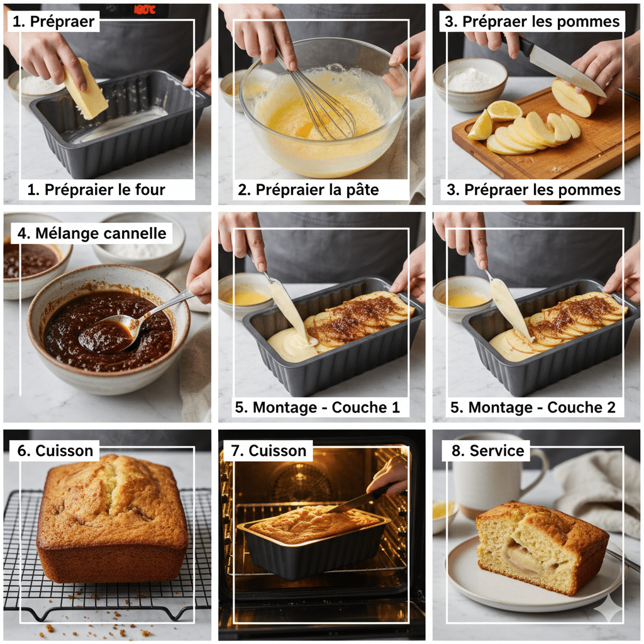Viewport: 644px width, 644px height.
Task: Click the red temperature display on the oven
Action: [144, 9]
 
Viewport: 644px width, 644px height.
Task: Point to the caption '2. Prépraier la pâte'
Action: [308, 189]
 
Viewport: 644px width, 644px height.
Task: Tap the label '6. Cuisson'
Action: [55, 450]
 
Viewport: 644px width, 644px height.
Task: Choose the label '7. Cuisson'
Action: [269, 450]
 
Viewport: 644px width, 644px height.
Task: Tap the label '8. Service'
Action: [482, 450]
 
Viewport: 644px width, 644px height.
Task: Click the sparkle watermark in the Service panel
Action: [609, 609]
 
